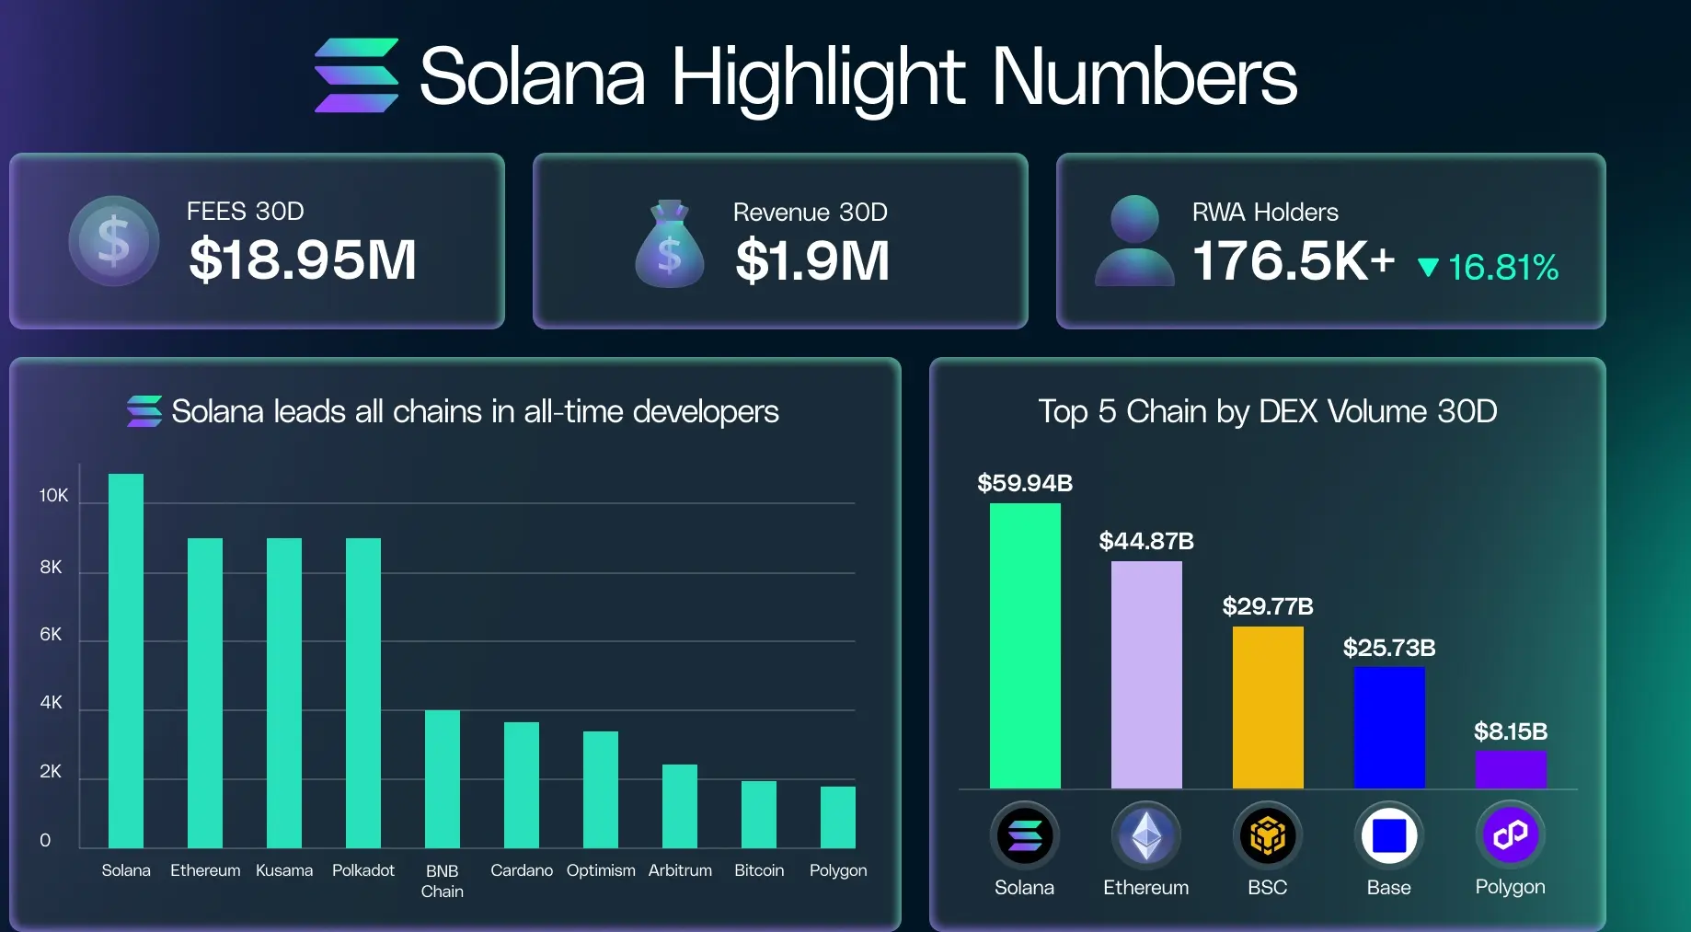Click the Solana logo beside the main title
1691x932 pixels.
pos(357,75)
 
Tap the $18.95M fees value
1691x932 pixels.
pos(303,259)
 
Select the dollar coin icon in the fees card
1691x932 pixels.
pos(114,241)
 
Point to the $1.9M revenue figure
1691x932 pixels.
pos(812,260)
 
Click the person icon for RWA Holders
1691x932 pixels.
pos(1134,241)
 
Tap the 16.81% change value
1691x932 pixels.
pos(1502,268)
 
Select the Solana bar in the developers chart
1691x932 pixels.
pos(126,661)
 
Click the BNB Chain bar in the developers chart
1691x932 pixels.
pos(443,778)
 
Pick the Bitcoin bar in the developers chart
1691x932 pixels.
pos(759,814)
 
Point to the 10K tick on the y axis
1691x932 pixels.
pos(53,496)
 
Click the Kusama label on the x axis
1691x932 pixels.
pos(284,870)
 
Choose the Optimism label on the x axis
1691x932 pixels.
pos(601,870)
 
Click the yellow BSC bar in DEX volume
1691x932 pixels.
pos(1268,707)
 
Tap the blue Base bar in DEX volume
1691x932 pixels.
pos(1389,727)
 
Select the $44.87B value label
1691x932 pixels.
pos(1146,541)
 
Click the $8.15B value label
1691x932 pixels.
pos(1511,731)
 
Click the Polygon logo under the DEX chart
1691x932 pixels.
pos(1511,835)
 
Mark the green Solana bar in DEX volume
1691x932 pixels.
pos(1025,646)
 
